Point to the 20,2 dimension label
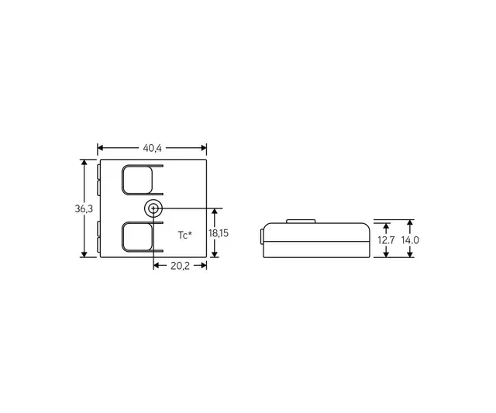180,265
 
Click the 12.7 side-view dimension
387,240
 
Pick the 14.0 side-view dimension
411,240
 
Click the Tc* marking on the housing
184,234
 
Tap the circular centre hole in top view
153,208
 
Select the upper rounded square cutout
137,179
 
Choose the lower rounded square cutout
137,236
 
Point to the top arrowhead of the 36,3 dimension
84,163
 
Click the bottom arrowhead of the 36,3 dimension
84,254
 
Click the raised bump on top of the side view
302,222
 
